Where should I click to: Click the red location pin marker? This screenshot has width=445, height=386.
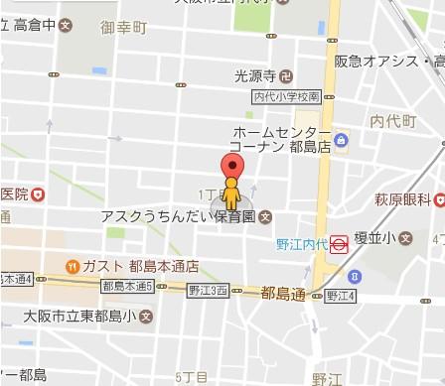tap(231, 167)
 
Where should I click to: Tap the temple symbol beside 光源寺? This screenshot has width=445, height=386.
tap(285, 74)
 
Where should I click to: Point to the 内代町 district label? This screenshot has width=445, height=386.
tap(389, 120)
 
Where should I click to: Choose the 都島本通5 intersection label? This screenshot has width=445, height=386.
tap(127, 287)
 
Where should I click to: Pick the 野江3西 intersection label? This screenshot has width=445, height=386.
tap(208, 290)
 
